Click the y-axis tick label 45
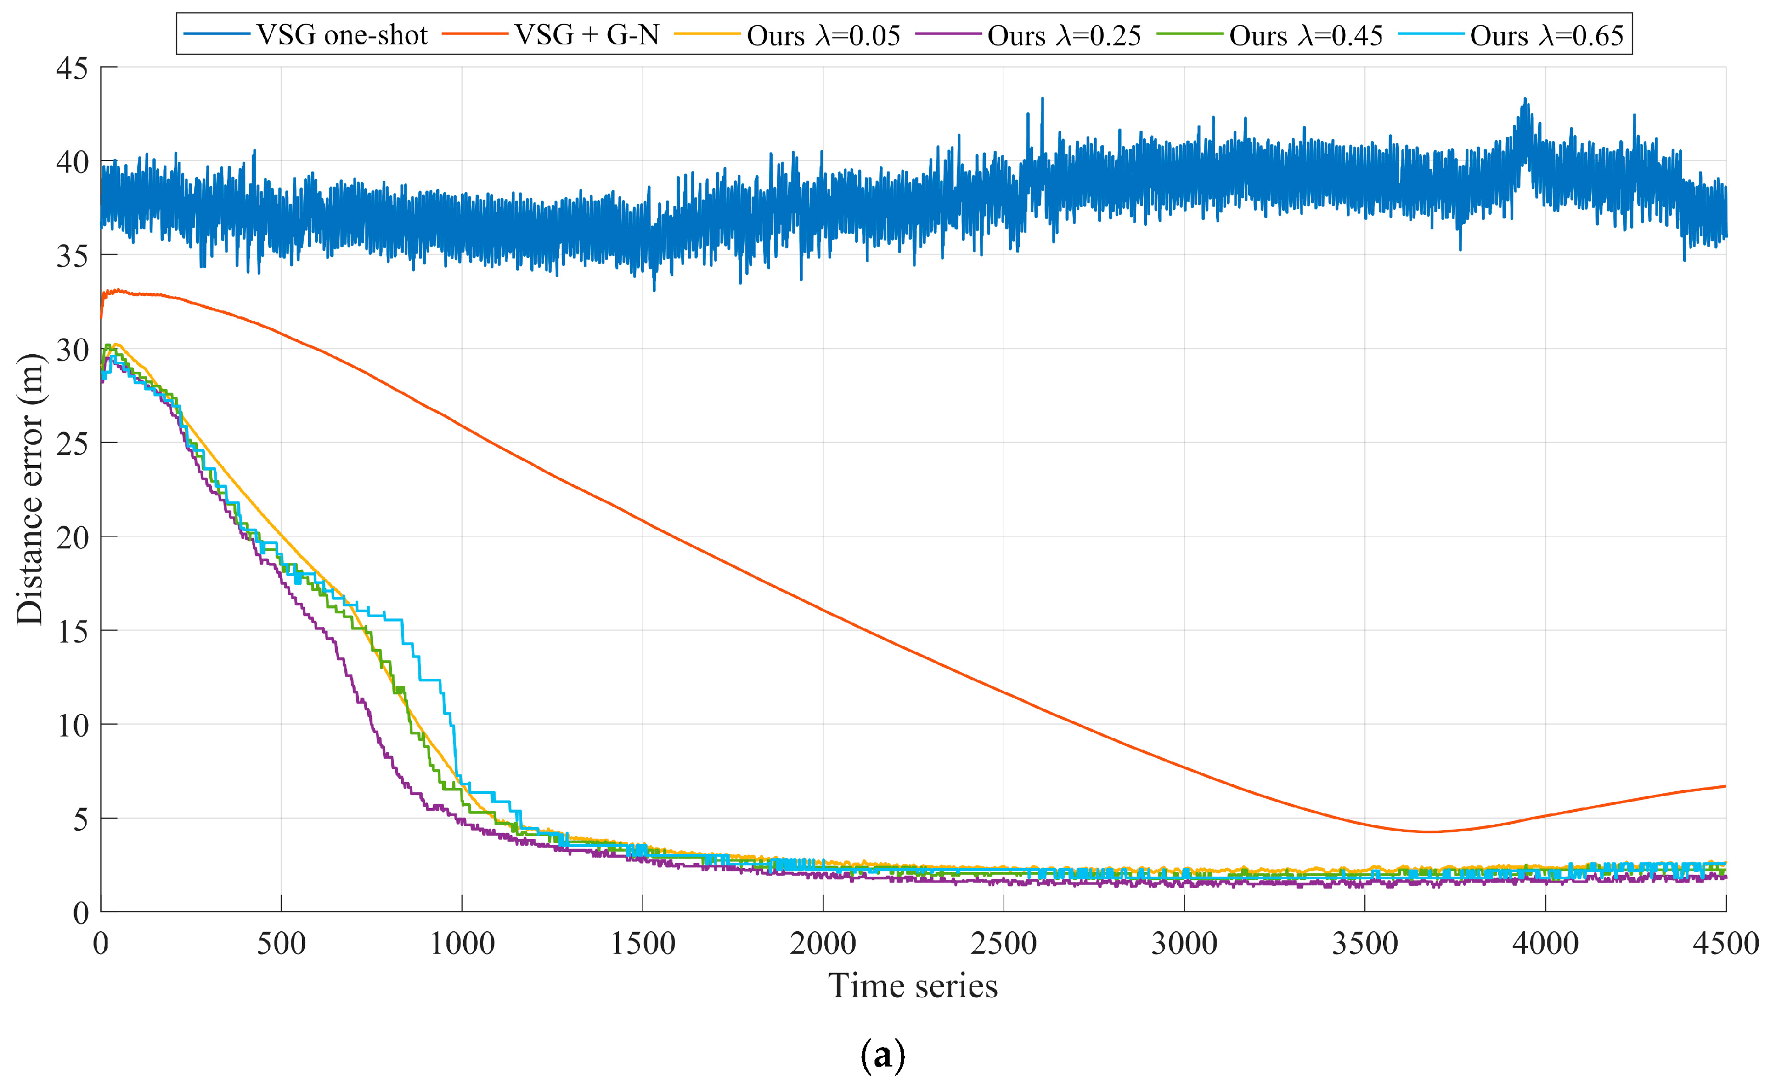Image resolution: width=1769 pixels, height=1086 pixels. pyautogui.click(x=72, y=69)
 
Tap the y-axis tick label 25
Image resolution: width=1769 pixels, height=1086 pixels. pyautogui.click(x=72, y=444)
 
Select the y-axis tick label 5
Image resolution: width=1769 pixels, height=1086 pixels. pyautogui.click(x=81, y=819)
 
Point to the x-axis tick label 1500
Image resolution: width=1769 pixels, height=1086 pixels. pyautogui.click(x=643, y=943)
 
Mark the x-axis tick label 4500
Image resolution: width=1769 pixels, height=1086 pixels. pyautogui.click(x=1725, y=943)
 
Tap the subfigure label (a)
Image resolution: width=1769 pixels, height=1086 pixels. pyautogui.click(x=883, y=1055)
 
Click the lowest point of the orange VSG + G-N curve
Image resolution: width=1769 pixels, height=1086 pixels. pyautogui.click(x=1428, y=832)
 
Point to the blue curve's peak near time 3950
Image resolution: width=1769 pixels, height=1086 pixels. pyautogui.click(x=1525, y=99)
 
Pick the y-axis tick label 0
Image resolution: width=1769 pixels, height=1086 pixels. pyautogui.click(x=81, y=913)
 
